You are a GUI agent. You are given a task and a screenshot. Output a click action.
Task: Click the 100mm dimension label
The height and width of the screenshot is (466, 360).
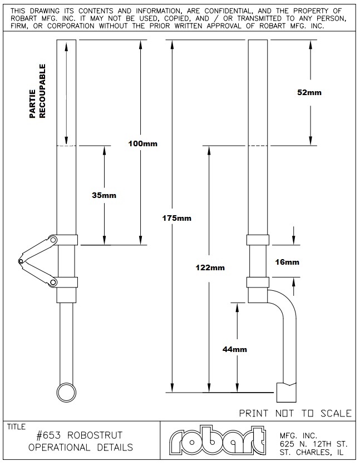point(142,144)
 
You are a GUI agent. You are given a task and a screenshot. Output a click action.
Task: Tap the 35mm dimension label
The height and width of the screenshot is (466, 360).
point(104,195)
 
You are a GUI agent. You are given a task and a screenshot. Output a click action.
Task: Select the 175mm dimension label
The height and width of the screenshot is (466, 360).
point(176,218)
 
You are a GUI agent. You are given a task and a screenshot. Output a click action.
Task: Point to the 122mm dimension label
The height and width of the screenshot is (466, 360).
point(210,268)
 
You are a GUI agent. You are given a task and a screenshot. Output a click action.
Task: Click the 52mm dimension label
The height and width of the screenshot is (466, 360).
point(309,92)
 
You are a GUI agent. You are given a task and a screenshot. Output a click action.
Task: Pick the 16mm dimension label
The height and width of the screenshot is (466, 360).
point(287,262)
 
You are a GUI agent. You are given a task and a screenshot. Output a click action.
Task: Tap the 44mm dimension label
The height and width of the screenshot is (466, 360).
point(235,349)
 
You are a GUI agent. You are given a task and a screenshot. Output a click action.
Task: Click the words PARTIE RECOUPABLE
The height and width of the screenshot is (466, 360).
point(38,91)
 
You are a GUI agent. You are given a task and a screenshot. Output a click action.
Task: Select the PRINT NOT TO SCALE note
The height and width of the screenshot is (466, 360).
point(295,413)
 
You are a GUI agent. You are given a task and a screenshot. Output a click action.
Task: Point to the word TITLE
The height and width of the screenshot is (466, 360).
point(16,427)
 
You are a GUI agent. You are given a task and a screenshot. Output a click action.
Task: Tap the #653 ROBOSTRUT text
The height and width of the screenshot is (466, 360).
point(80,435)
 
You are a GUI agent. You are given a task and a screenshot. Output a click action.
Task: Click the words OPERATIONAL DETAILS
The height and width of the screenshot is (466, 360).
point(81,447)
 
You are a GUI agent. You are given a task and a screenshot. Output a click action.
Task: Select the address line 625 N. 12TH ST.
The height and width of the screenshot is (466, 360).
point(313,444)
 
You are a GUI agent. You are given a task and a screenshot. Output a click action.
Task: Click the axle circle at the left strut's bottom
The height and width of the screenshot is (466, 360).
point(66,392)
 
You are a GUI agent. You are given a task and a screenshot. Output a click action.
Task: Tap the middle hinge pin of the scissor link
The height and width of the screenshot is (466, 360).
point(21,261)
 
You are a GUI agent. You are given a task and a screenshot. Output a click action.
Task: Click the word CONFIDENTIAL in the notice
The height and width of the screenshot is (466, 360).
point(228,11)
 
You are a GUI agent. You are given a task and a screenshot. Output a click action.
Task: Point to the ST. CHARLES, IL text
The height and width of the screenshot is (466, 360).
point(311,452)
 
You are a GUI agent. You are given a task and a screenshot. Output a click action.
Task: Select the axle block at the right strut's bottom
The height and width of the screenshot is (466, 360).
point(287,393)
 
